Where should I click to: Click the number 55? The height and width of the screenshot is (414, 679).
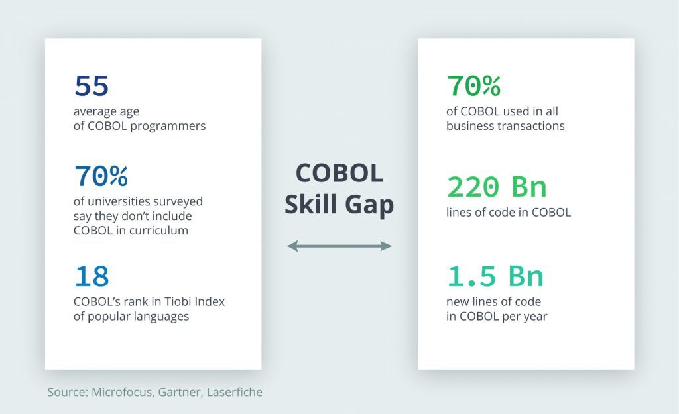click(92, 85)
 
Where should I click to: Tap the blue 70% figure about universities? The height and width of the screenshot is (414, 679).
click(101, 176)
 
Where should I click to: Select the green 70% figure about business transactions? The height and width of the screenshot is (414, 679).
click(473, 85)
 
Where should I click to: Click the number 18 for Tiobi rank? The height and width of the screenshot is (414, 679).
click(92, 276)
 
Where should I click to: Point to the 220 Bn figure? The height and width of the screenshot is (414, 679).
click(497, 187)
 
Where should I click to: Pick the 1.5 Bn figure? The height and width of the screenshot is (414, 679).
click(495, 276)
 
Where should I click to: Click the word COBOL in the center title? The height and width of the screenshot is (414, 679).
click(339, 173)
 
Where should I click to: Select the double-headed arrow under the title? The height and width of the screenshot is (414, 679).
click(339, 246)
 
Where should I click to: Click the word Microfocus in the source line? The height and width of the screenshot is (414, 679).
click(122, 392)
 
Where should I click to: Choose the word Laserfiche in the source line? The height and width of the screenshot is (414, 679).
click(235, 392)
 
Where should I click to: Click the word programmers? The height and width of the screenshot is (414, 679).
click(168, 127)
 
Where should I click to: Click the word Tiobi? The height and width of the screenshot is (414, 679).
click(176, 301)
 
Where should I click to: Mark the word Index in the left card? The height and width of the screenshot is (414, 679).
click(210, 301)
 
